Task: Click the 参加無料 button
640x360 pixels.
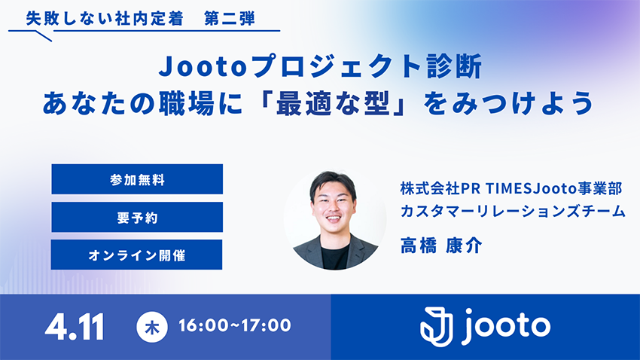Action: point(137,179)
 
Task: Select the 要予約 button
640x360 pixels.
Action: point(137,217)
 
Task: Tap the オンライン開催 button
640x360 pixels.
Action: point(137,255)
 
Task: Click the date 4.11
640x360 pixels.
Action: point(75,327)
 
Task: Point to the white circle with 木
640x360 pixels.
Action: point(152,327)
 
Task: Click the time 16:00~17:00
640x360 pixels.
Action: point(235,325)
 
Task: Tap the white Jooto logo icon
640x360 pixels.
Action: point(437,327)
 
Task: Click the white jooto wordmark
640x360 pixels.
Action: point(506,327)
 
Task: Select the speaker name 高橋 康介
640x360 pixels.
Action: point(441,246)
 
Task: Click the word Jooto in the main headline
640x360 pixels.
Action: point(204,66)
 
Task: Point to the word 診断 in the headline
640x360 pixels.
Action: point(455,66)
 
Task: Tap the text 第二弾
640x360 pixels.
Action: point(230,19)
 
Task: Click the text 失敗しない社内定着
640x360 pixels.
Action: point(105,19)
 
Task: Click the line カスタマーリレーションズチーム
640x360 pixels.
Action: point(513,211)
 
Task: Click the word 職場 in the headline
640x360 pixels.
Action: point(187,104)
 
